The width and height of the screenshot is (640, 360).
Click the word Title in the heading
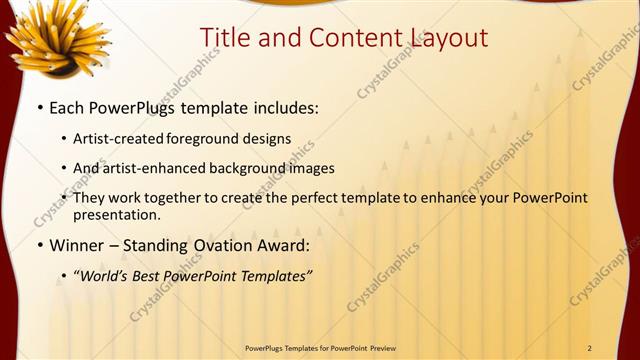224,38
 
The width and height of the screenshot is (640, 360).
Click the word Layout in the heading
447,38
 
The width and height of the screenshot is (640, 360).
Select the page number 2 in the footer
590,348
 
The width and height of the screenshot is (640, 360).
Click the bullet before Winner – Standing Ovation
39,245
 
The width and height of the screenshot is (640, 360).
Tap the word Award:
290,245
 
